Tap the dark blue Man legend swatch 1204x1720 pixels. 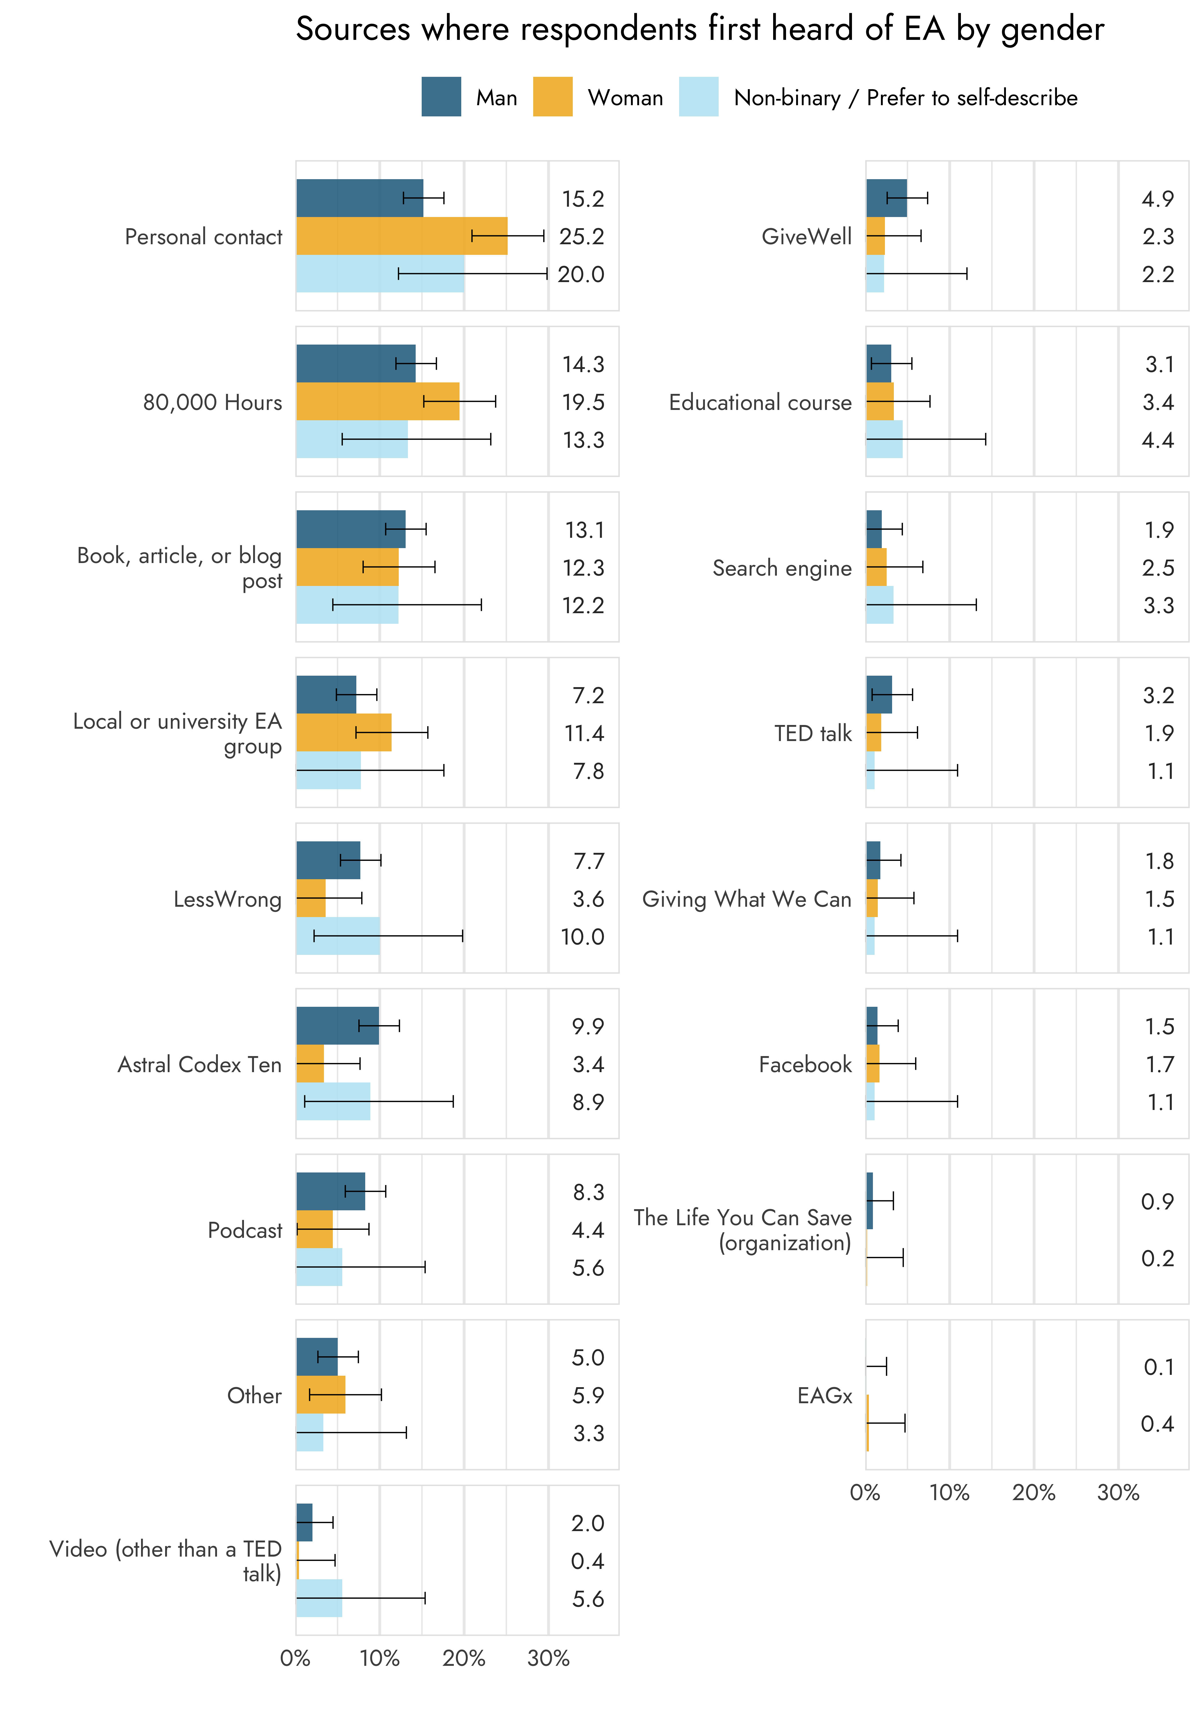(x=441, y=97)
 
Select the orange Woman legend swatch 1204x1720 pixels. (x=552, y=97)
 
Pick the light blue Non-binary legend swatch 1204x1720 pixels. (x=698, y=97)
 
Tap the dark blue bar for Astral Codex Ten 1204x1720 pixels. (x=337, y=1026)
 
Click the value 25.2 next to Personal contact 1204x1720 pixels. (x=581, y=237)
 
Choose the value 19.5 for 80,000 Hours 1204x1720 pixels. (x=583, y=402)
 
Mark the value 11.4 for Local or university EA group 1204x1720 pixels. (x=584, y=733)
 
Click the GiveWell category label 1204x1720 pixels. (x=806, y=237)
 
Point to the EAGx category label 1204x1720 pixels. (x=824, y=1395)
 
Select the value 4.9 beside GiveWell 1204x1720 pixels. (x=1158, y=199)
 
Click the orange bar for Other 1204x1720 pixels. (x=321, y=1395)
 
